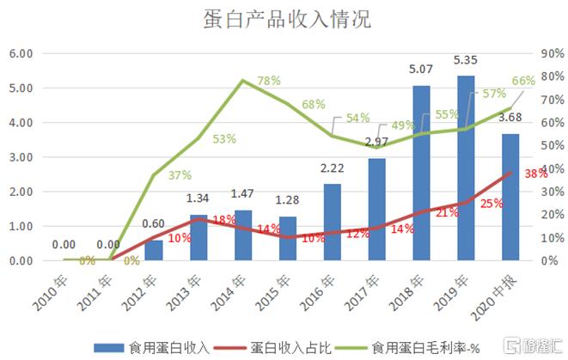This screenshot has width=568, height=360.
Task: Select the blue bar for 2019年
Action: click(x=467, y=168)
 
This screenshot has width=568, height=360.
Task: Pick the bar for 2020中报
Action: click(x=511, y=197)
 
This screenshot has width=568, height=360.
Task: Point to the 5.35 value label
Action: click(x=467, y=61)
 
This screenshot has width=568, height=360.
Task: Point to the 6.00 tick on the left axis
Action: click(x=21, y=53)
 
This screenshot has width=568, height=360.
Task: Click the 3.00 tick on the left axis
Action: click(x=21, y=157)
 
